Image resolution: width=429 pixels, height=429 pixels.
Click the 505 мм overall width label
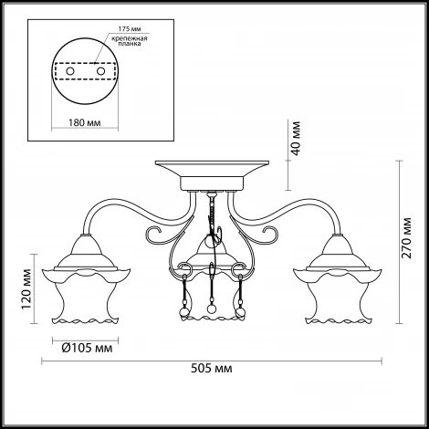(x=211, y=369)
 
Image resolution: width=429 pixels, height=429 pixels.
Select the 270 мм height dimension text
(x=406, y=237)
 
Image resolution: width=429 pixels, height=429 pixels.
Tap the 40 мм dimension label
(x=295, y=138)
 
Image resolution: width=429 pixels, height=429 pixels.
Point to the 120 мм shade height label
(x=26, y=288)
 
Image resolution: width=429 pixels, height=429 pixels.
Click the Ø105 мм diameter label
(x=87, y=348)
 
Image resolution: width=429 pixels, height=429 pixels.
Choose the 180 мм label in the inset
(x=84, y=123)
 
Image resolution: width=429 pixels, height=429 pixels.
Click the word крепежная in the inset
(x=130, y=38)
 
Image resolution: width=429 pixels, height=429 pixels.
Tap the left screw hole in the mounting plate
(x=70, y=71)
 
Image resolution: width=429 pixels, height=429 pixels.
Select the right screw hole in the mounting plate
(x=100, y=71)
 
